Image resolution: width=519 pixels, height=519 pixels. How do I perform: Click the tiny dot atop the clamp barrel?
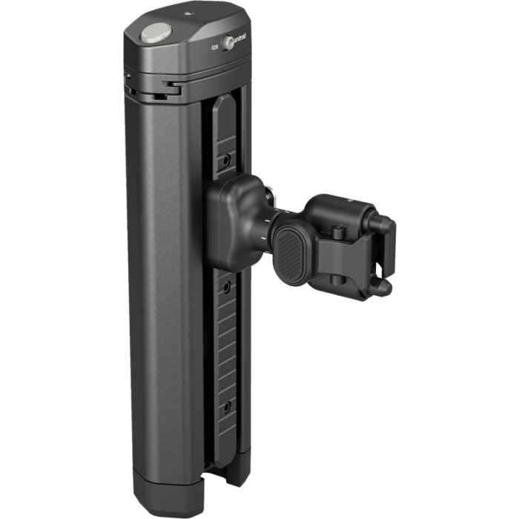343,199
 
